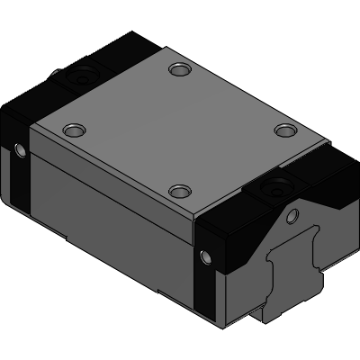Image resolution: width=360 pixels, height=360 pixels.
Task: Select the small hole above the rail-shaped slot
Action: pyautogui.click(x=291, y=216)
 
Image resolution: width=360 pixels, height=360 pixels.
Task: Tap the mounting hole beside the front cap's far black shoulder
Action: pyautogui.click(x=285, y=131)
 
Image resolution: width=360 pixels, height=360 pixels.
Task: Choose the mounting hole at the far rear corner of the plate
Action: pyautogui.click(x=179, y=68)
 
